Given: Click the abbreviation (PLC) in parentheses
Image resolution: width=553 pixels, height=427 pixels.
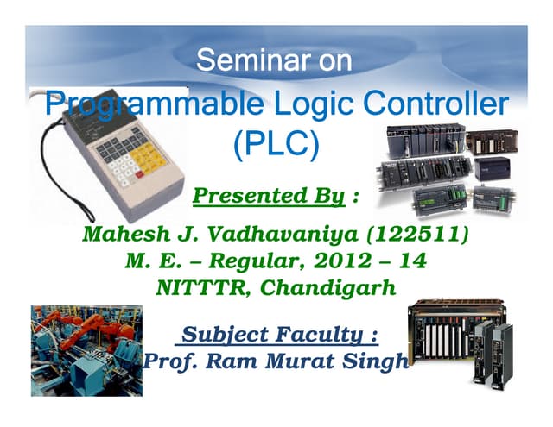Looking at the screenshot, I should [276, 143].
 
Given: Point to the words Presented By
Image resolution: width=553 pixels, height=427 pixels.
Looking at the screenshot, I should [268, 197].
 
